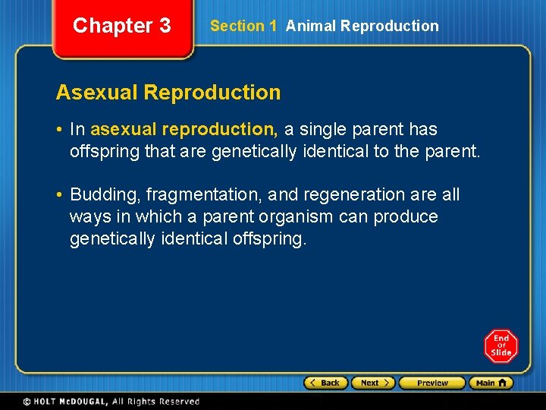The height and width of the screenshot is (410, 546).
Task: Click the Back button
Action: (325, 383)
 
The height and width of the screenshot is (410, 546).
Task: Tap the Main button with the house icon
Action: (491, 383)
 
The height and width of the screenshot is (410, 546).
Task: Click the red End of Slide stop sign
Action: (500, 346)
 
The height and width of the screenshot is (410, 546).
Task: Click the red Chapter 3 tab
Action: (122, 27)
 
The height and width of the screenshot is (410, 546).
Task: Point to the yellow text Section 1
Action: (243, 26)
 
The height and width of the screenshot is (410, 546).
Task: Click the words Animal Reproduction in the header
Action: (362, 26)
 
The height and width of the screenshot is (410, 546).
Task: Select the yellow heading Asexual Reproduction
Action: (168, 93)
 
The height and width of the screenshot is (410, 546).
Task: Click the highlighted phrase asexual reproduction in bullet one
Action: (184, 130)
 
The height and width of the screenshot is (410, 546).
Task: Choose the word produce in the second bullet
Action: (401, 217)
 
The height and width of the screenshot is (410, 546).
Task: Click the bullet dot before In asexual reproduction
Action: (59, 130)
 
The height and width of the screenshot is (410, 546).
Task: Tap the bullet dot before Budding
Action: (59, 195)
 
